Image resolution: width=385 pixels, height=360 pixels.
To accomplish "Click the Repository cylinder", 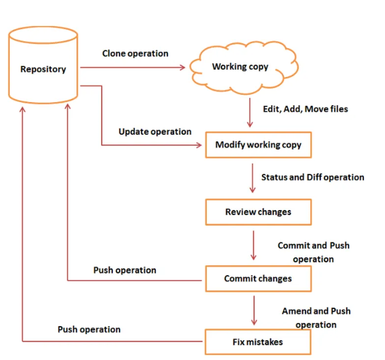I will pos(43,69).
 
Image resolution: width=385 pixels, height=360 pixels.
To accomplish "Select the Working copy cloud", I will pos(240,67).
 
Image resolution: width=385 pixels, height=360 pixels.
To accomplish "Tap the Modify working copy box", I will pos(258,145).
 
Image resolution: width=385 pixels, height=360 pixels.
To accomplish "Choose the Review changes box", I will pos(258,212).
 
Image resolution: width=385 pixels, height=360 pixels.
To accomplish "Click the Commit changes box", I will pos(258,278).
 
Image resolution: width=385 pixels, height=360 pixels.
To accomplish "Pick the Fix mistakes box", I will pos(258,342).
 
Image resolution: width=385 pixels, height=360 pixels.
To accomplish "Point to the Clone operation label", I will pos(135,54).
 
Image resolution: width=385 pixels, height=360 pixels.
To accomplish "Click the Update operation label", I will pos(155,132).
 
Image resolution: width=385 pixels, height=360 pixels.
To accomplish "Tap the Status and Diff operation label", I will pos(312,177).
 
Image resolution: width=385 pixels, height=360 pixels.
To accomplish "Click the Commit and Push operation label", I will pos(313,252).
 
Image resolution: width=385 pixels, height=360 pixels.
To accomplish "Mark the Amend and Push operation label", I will pos(316,318).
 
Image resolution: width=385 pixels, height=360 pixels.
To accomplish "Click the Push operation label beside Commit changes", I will pos(125,270).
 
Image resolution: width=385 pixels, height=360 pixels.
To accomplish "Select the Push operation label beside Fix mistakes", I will pos(89,329).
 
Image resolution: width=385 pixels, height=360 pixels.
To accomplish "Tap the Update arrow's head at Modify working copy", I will pos(199,145).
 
